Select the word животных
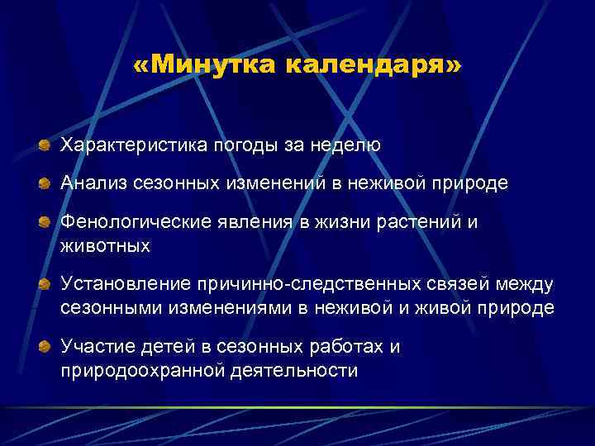pos(106,245)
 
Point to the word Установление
pos(124,285)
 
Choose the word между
pos(526,285)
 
